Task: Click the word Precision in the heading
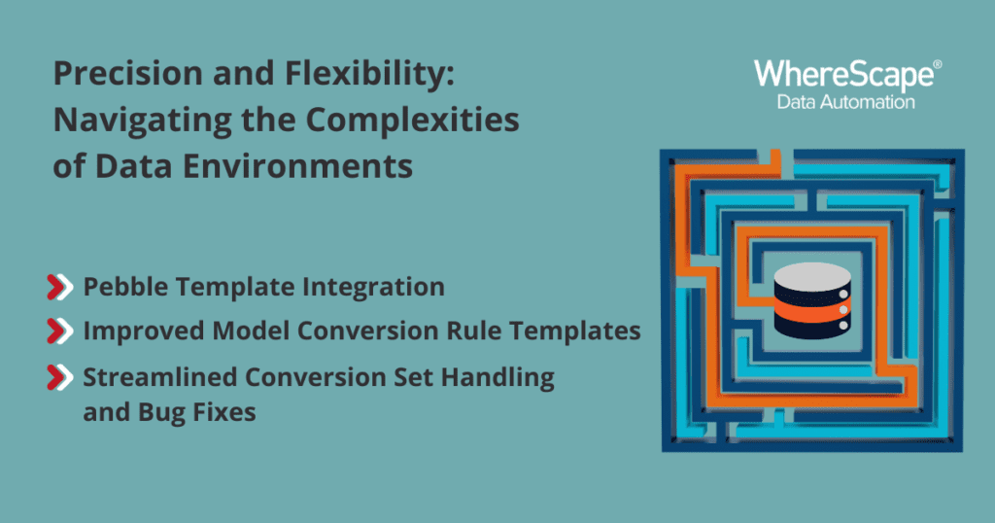click(x=128, y=73)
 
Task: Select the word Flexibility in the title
click(x=369, y=75)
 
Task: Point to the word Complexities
click(x=412, y=121)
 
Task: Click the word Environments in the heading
click(x=297, y=166)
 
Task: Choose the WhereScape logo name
click(x=843, y=76)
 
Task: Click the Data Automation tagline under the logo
click(x=846, y=101)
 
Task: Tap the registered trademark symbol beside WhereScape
click(x=938, y=64)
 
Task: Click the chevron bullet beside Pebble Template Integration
click(x=60, y=287)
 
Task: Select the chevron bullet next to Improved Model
click(x=60, y=331)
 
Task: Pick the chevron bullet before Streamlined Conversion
click(x=60, y=377)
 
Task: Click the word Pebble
click(x=125, y=286)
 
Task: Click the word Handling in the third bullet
click(x=497, y=377)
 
